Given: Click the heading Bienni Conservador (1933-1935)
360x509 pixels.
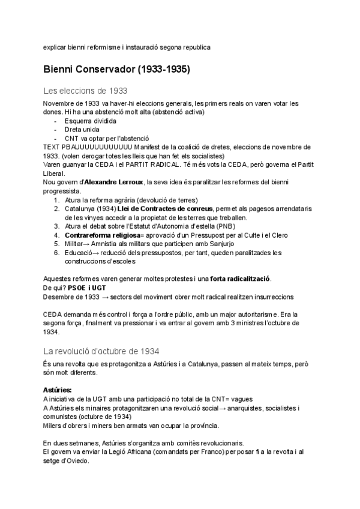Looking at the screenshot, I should point(117,70).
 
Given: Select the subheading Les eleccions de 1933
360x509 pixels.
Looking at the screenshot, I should point(85,91).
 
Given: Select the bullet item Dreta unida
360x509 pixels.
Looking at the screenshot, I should point(82,129).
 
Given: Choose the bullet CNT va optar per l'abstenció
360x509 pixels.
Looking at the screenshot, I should point(103,138).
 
